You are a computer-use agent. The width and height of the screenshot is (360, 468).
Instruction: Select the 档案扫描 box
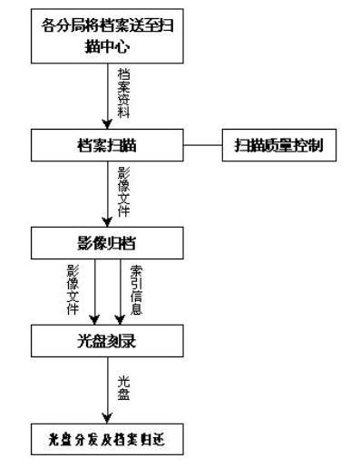click(109, 145)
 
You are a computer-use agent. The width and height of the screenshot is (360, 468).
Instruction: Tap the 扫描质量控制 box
click(278, 145)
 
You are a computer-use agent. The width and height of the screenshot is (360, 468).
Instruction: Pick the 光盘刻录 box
click(109, 343)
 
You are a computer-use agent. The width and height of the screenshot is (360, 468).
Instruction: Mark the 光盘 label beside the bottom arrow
click(124, 387)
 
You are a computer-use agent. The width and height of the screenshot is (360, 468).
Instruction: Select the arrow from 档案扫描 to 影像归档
click(109, 195)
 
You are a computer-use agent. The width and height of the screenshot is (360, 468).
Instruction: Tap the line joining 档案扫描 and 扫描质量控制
click(204, 145)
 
